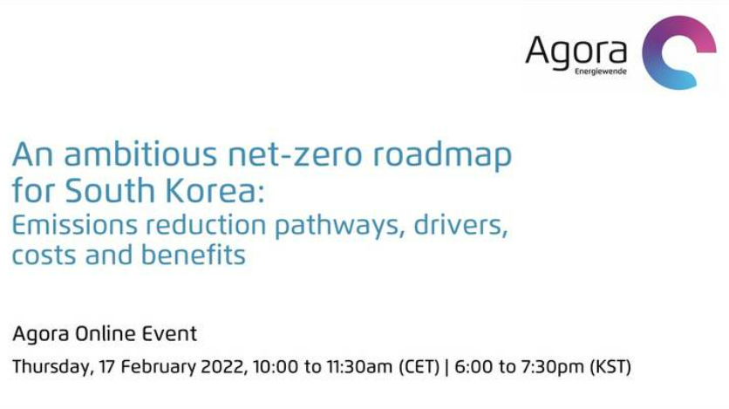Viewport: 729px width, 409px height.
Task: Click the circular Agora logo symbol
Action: (x=678, y=52)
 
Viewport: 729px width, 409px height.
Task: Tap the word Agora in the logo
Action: (x=576, y=52)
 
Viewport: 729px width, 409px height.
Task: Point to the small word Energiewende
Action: (x=600, y=72)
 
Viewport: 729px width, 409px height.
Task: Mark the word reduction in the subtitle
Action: (x=206, y=223)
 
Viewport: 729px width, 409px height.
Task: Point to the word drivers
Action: (x=460, y=223)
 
